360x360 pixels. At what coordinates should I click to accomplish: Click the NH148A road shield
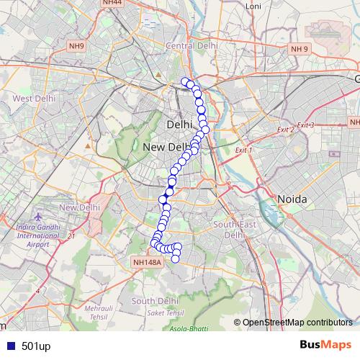coord(148,263)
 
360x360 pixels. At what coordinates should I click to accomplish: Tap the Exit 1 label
coord(243,150)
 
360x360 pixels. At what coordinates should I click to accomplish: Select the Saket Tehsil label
coord(166,313)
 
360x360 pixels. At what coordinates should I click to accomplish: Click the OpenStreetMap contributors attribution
coord(297,323)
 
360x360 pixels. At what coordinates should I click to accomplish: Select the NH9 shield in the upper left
coord(76,47)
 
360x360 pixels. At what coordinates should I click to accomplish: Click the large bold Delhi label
coord(179,125)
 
